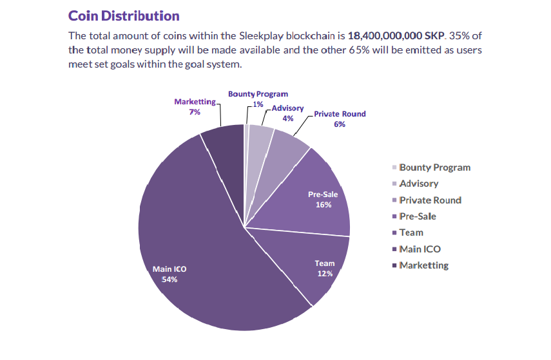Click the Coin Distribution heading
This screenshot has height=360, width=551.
(x=124, y=15)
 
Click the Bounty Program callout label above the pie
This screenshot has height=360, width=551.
(x=258, y=94)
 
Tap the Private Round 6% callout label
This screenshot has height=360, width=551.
(x=340, y=118)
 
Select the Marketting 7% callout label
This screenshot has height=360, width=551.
(x=195, y=106)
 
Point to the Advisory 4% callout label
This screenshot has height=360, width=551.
(x=287, y=113)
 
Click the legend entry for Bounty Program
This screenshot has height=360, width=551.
(x=434, y=167)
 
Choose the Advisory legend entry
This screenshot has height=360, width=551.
(x=418, y=184)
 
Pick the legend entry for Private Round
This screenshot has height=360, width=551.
(x=430, y=200)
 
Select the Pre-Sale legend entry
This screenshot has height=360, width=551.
(x=417, y=216)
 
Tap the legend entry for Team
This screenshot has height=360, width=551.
(x=411, y=232)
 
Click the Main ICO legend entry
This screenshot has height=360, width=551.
(x=420, y=249)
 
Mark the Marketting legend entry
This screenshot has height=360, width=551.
(x=423, y=265)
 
